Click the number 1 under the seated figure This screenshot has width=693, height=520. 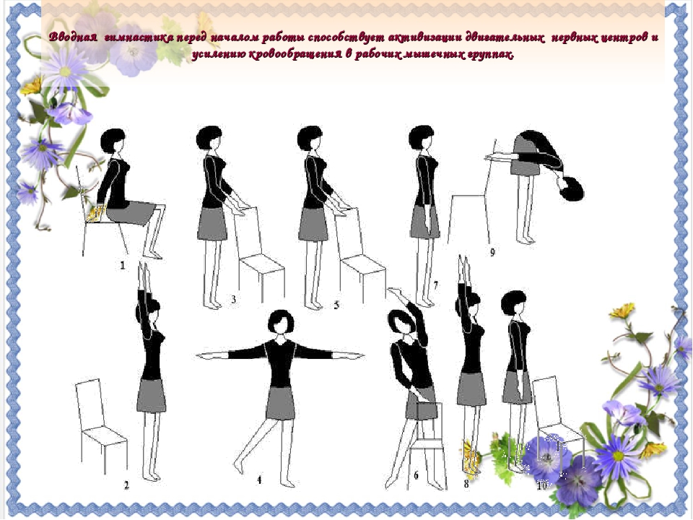tap(123, 265)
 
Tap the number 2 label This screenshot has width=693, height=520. tap(126, 485)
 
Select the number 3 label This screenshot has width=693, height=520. tap(233, 299)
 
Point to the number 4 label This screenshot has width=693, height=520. tap(259, 480)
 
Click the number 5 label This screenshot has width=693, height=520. tap(337, 305)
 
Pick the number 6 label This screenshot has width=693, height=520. tap(416, 476)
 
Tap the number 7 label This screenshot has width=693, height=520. tap(436, 286)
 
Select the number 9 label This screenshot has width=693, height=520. tap(492, 252)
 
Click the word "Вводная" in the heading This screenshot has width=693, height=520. tap(73, 37)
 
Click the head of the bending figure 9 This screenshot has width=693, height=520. tap(572, 188)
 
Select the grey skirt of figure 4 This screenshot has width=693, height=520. tap(281, 403)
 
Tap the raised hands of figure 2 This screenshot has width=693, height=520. tap(144, 274)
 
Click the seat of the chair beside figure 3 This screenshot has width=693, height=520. tap(261, 264)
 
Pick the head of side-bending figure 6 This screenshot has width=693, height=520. tap(400, 322)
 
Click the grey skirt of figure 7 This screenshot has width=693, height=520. tap(424, 222)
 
